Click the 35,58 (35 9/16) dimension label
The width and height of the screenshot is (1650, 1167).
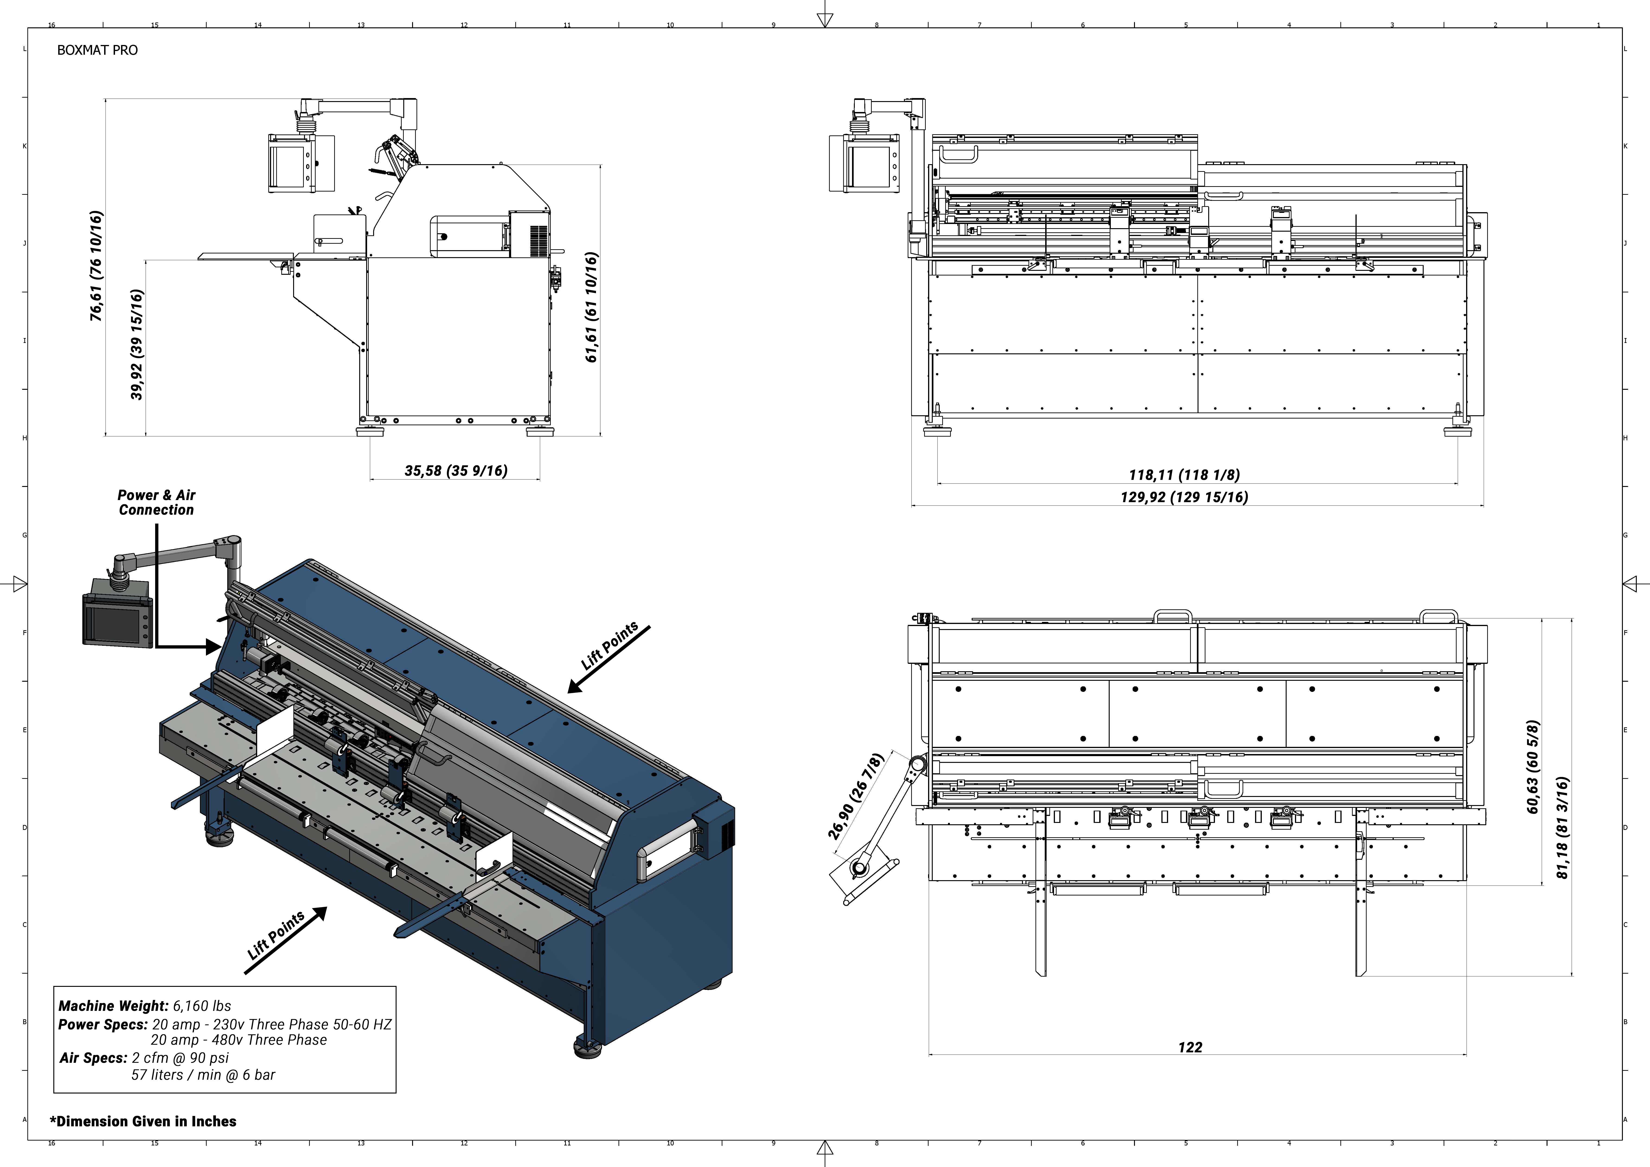coord(456,471)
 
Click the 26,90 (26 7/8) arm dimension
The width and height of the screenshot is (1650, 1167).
coord(855,796)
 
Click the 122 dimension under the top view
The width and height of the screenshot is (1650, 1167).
coord(1190,1047)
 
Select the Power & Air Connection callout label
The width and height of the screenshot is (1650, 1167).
coord(157,502)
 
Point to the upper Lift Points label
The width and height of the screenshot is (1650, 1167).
coord(609,646)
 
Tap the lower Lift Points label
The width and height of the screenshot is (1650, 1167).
coord(276,935)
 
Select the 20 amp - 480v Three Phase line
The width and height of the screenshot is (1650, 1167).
coord(239,1040)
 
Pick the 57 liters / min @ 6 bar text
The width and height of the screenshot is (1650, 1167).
coord(203,1075)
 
